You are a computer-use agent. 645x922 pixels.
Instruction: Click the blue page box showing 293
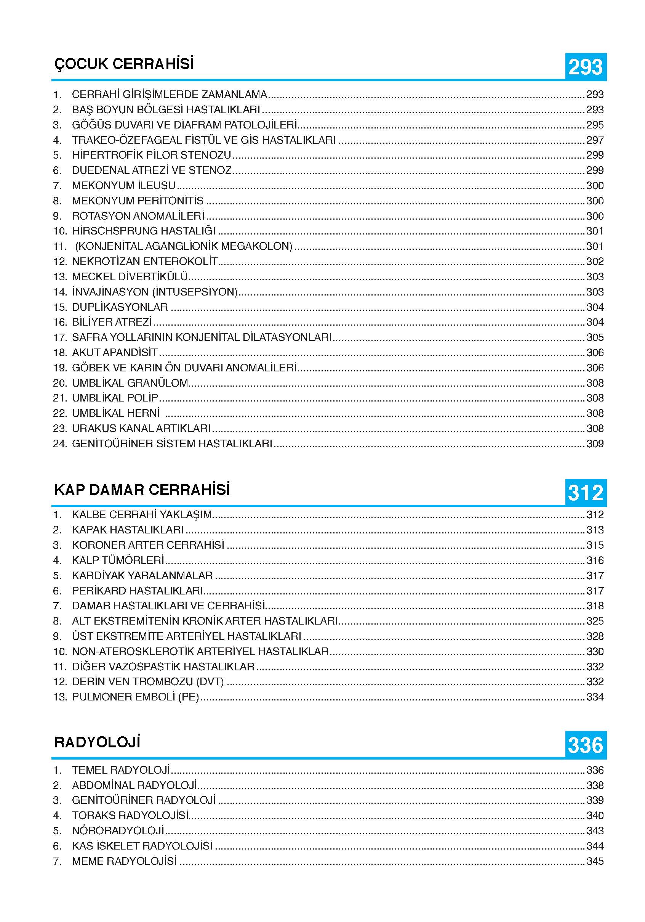585,67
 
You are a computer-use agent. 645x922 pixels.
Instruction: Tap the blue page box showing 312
585,493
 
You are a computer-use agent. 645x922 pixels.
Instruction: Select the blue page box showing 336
585,745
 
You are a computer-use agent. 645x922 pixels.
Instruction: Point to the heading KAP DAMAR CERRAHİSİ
142,490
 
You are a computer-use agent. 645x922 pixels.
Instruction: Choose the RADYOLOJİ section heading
98,742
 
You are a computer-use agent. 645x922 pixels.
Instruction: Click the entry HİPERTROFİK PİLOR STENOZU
151,155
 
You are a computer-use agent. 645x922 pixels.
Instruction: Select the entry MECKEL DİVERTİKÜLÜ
130,277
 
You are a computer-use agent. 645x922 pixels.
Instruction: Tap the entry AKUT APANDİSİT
115,353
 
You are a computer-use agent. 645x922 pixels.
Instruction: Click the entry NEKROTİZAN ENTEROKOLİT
144,262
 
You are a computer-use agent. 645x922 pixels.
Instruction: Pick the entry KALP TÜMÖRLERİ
118,560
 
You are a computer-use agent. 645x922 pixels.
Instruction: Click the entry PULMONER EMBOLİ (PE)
135,697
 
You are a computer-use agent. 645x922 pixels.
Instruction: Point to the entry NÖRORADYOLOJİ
118,830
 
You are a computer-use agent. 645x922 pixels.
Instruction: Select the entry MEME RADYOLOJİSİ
124,861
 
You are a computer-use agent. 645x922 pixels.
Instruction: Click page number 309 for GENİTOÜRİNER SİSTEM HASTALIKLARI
595,444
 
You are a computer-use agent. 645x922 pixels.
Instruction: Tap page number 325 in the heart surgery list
595,621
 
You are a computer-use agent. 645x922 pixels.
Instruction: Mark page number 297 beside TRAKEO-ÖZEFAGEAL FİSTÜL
595,140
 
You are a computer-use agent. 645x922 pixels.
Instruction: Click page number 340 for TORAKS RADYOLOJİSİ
595,815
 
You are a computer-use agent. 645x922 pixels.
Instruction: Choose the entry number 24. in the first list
60,444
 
